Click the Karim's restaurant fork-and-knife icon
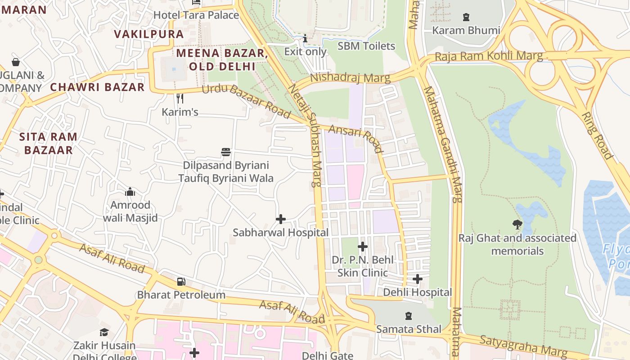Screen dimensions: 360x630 (180, 99)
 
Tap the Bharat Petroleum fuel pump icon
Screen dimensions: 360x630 (181, 282)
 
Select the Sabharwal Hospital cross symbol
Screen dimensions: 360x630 (281, 219)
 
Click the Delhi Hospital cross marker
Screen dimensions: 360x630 (418, 279)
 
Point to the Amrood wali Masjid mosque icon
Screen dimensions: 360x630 (130, 192)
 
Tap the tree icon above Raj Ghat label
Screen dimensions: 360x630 (517, 224)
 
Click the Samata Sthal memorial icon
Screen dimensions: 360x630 (409, 316)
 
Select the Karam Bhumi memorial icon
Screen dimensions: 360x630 (466, 18)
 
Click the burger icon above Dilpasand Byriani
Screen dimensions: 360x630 (226, 152)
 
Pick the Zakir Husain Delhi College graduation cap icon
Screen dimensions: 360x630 (104, 333)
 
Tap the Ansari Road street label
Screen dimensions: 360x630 (355, 139)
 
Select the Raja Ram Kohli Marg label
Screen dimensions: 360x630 (489, 57)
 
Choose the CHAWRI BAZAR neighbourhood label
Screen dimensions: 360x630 (97, 87)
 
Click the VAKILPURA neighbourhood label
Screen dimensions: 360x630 (148, 34)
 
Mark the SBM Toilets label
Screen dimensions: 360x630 (366, 46)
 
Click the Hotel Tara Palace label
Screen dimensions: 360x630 (196, 15)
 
